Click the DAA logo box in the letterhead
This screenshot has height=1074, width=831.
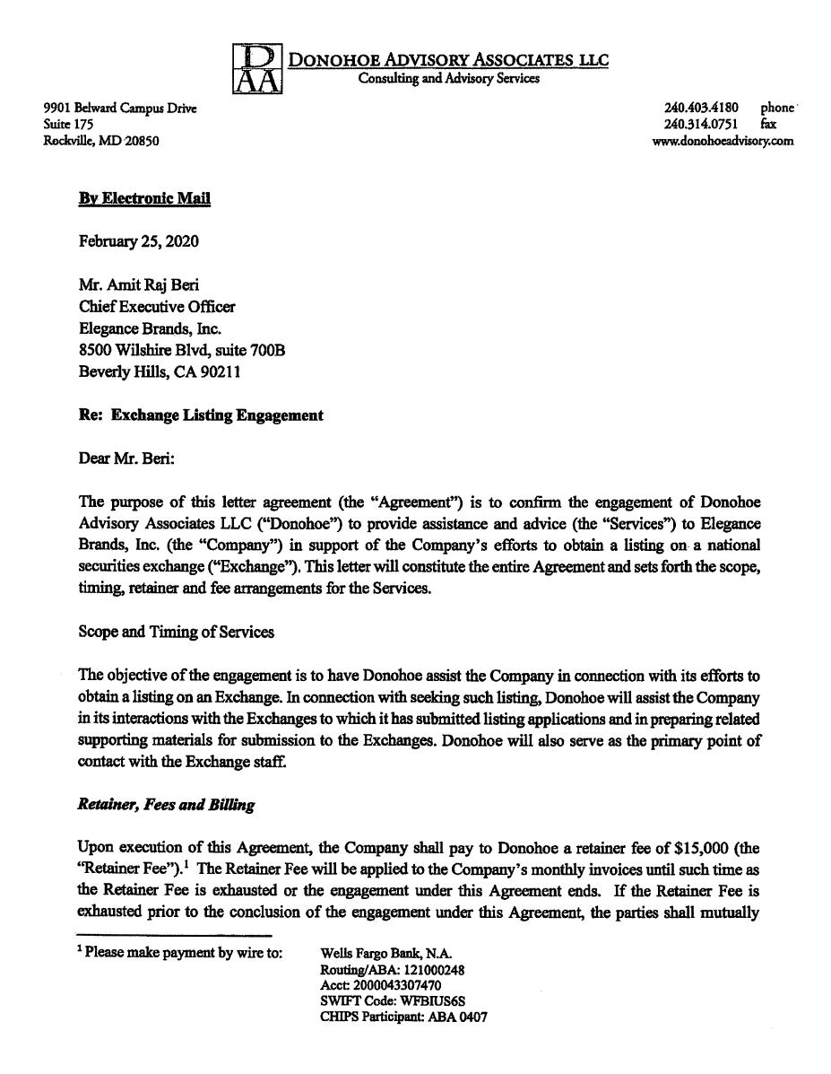(257, 69)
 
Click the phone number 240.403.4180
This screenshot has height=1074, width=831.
(701, 109)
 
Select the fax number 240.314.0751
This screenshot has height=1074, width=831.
(701, 125)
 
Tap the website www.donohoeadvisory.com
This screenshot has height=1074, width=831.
(723, 141)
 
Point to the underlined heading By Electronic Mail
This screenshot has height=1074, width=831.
(144, 198)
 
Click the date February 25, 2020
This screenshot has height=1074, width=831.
(139, 241)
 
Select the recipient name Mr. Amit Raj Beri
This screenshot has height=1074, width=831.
(139, 285)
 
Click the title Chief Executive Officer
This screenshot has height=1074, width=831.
(157, 307)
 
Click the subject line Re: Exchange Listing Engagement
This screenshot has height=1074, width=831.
(201, 415)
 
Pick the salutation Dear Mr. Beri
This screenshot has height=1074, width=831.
(127, 458)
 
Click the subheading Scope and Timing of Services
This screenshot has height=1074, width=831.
(177, 632)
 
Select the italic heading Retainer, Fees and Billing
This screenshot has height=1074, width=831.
(166, 805)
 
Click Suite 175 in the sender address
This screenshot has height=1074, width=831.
(68, 125)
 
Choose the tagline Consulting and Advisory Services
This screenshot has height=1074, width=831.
(449, 79)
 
